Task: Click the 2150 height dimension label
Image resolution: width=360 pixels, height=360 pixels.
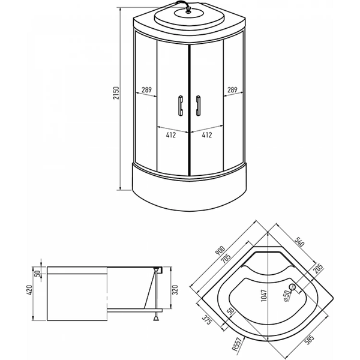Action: point(116,93)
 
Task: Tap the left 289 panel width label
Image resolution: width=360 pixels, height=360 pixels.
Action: point(146,90)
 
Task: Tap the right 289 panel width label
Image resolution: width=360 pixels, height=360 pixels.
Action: point(232,90)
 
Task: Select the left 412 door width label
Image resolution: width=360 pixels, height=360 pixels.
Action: point(171,135)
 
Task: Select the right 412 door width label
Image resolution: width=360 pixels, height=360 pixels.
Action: point(206,135)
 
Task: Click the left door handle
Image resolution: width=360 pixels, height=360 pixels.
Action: point(181,106)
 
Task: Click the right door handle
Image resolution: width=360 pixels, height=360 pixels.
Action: point(198,106)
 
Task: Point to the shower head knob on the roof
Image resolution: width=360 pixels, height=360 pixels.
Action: point(188,11)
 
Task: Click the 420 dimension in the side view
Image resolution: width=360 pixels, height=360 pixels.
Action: point(30,290)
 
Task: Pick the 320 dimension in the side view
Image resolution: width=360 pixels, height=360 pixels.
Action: point(175,290)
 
